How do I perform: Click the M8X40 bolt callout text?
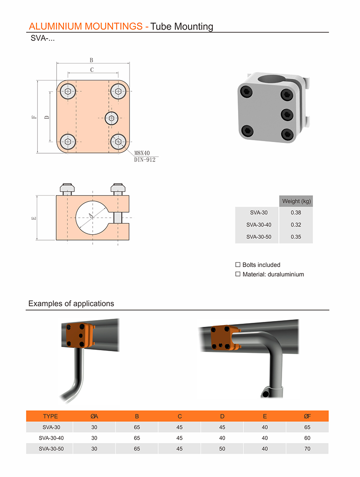tap(142, 153)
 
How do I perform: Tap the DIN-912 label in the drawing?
tap(144, 160)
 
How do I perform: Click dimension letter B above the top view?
tap(91, 60)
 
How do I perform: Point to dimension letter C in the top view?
tap(92, 70)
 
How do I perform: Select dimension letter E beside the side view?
tap(34, 218)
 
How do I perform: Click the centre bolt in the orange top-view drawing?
tap(112, 118)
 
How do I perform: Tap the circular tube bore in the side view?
tap(93, 218)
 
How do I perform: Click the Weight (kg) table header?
tap(297, 201)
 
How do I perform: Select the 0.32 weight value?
tap(296, 225)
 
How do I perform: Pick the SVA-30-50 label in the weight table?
tap(259, 236)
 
